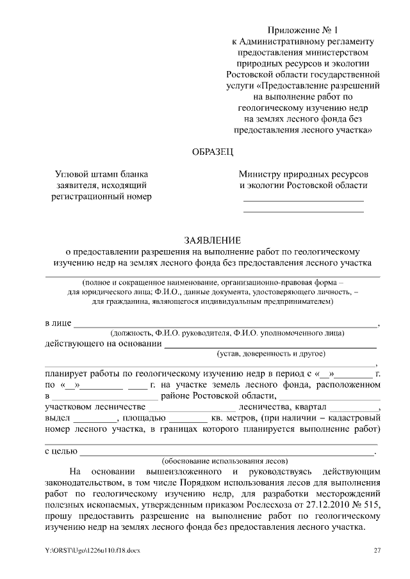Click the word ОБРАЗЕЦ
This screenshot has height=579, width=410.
213,152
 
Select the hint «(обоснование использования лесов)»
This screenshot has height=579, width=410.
225,460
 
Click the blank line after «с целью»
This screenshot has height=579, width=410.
227,452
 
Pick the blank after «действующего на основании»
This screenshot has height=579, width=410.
270,345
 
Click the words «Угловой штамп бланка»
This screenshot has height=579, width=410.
101,174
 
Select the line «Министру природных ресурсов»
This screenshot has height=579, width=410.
303,174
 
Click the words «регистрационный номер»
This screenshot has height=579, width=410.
101,196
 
